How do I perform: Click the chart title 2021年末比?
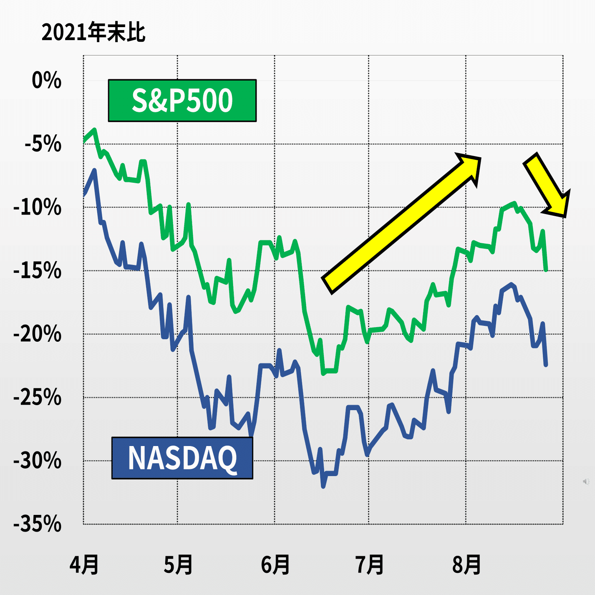(93, 32)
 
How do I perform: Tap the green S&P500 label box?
(182, 101)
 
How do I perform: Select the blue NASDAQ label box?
(182, 458)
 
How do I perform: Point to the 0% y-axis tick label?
(46, 80)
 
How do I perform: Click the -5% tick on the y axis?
(43, 144)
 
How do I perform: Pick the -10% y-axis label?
(38, 207)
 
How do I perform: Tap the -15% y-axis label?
(38, 271)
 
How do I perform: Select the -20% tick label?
(38, 334)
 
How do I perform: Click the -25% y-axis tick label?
(38, 397)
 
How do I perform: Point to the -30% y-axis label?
(38, 461)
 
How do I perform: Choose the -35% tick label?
(38, 524)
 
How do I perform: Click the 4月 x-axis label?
(84, 565)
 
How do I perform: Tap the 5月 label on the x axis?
(178, 565)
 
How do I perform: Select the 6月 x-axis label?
(275, 565)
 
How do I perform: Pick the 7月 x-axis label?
(370, 565)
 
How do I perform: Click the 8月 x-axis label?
(466, 565)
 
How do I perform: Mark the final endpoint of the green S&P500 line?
(546, 270)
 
